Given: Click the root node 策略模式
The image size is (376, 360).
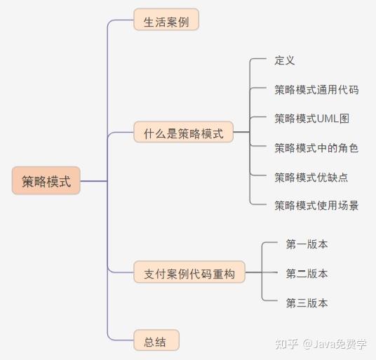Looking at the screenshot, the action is tap(46, 180).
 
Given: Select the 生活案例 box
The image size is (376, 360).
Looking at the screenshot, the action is tap(166, 20).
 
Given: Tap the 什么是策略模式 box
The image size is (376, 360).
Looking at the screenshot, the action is tap(184, 132).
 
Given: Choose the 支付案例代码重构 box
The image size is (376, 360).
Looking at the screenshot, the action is tap(189, 272).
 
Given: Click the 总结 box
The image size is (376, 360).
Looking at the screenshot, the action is tap(156, 340).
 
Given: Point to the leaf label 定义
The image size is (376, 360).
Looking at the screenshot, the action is tap(285, 60).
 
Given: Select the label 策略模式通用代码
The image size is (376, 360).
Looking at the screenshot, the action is tap(316, 90).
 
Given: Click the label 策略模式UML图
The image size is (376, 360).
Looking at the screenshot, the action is tap(311, 119).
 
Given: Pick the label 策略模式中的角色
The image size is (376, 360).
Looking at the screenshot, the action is tap(316, 148).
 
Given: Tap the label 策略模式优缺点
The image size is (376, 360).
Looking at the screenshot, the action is tap(311, 178).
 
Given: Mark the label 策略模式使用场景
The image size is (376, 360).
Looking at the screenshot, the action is tap(316, 206).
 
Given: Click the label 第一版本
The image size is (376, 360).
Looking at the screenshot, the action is tap(307, 244).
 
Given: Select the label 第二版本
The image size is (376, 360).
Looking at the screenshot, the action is tap(307, 274).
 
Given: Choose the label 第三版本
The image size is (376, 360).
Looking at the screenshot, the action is tap(307, 303).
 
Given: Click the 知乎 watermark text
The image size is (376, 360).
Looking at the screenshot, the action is tap(286, 344).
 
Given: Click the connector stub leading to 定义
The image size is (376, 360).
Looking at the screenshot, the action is tap(258, 58).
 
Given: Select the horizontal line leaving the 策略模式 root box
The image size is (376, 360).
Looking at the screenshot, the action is tap(93, 181).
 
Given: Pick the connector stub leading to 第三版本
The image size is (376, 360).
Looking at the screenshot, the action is tap(270, 300).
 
